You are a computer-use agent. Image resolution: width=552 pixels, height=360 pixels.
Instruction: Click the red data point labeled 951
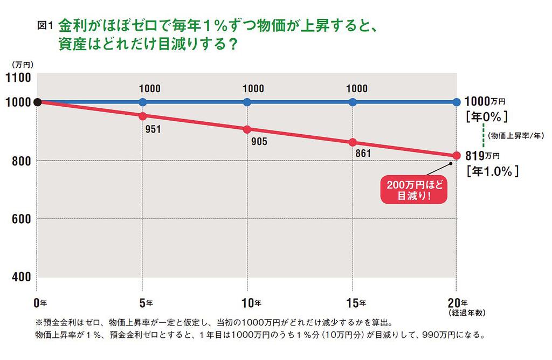[142, 116]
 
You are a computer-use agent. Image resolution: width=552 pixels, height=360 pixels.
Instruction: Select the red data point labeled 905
[247, 129]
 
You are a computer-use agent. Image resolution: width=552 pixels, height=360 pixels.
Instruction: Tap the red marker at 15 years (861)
[353, 142]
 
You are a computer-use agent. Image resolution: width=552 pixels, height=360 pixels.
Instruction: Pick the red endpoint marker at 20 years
[457, 156]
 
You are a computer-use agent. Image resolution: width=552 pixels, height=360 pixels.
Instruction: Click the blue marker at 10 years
[247, 102]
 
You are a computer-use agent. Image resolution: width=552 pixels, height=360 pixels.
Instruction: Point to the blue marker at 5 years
[142, 102]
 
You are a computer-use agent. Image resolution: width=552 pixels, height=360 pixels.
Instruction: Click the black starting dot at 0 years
[37, 102]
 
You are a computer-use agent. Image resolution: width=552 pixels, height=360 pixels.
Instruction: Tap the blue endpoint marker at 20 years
[457, 102]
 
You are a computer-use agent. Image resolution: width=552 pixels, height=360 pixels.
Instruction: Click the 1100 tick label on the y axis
[18, 78]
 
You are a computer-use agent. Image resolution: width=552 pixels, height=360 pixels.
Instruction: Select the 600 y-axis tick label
[22, 219]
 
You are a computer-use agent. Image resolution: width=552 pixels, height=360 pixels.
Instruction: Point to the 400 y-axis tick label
[22, 276]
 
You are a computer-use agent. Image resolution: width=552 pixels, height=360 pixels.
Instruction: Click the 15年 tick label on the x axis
[356, 302]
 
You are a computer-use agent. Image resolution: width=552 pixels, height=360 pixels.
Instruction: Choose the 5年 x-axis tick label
[146, 303]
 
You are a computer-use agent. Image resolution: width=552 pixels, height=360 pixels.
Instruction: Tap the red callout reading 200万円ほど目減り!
[414, 190]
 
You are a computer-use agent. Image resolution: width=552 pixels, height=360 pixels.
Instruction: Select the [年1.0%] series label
[493, 171]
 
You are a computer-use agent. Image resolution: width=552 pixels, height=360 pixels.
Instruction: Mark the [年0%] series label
[487, 116]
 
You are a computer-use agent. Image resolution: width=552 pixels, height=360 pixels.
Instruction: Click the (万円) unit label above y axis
[23, 65]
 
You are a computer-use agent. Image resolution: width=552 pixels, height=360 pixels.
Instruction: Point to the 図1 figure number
[45, 25]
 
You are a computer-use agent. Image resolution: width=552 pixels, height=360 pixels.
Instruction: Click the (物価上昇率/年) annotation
[516, 135]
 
